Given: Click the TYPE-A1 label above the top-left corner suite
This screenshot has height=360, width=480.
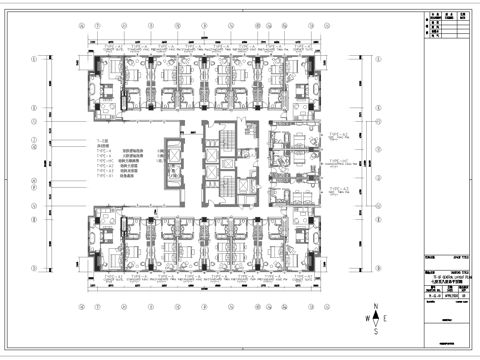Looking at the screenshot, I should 102,44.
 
